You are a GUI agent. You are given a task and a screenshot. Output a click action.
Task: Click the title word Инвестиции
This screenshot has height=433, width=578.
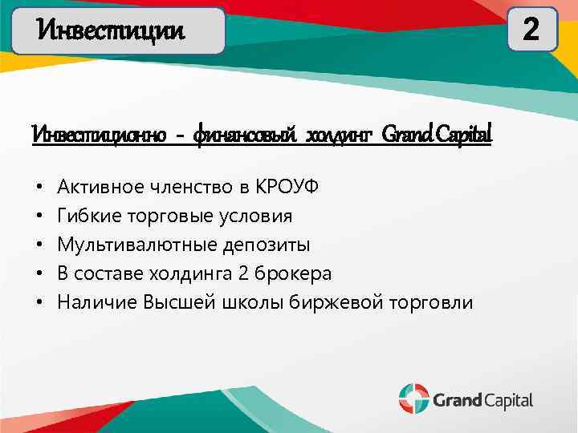[112, 31]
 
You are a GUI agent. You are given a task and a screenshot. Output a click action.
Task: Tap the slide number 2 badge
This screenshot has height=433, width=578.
[531, 30]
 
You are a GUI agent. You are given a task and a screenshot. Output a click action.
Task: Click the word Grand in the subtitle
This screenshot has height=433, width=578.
[409, 134]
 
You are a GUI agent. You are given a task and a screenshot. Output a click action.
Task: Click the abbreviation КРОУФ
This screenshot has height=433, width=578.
[287, 188]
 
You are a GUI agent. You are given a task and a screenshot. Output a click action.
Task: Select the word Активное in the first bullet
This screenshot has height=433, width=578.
[97, 188]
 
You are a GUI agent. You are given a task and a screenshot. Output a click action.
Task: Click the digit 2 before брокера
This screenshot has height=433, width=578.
[243, 274]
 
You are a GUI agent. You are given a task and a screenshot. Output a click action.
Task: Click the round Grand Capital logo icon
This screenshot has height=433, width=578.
[413, 399]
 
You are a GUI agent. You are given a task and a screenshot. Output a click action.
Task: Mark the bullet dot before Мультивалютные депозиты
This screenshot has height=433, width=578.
[39, 245]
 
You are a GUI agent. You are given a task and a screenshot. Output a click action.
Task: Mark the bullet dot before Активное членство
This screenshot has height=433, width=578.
[39, 188]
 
